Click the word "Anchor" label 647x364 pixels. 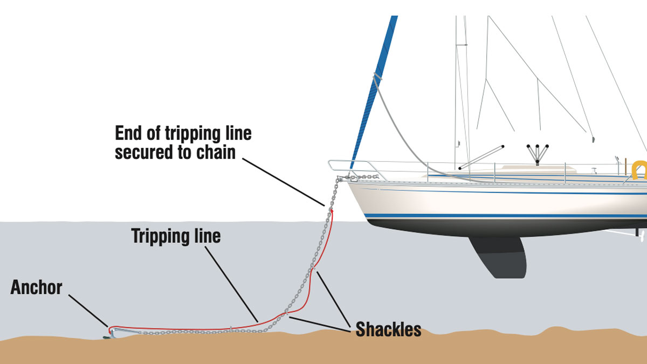coord(36,287)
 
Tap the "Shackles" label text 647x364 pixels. coord(388,329)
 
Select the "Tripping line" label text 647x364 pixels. coord(176,236)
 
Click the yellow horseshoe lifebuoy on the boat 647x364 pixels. coord(639,169)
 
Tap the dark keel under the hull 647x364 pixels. coord(499,256)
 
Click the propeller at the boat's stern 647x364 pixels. coord(640,233)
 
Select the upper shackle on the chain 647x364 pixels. coord(312,266)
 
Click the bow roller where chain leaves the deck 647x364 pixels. coord(340,177)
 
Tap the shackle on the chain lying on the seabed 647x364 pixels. coord(230,328)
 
